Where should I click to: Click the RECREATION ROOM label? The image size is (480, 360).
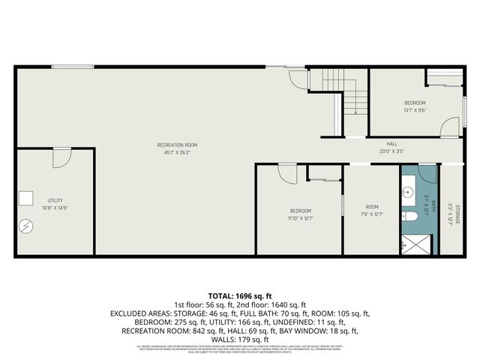[x=177, y=144]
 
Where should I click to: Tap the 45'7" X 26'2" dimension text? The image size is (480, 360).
[x=177, y=152]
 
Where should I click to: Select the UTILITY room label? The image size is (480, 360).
[x=55, y=200]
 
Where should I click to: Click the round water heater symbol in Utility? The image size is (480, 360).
[x=26, y=225]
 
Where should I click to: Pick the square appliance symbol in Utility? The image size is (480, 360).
[x=26, y=198]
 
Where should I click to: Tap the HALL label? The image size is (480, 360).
[x=391, y=144]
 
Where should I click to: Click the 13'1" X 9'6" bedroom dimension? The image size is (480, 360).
[x=415, y=110]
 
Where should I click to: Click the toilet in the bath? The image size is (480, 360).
[x=409, y=217]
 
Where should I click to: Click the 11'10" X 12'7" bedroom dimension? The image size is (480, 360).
[x=300, y=219]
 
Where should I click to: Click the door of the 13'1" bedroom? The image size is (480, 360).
[x=448, y=127]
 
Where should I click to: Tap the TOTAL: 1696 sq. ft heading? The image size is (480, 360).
[x=240, y=295]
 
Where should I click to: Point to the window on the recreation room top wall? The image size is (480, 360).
[x=72, y=67]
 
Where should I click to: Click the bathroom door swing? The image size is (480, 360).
[x=426, y=174]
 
